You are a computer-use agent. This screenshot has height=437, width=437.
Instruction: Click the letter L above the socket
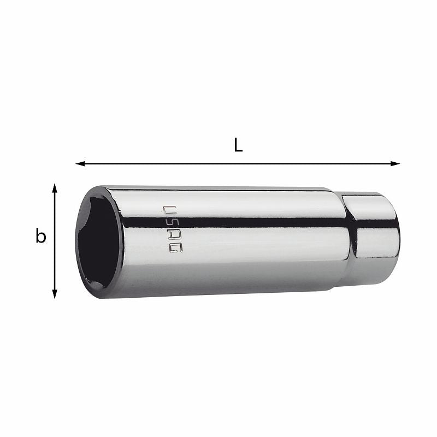coord(238,145)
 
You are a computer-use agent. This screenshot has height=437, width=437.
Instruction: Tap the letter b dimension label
coord(40,236)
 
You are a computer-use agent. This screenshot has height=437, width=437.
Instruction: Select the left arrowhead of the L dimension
coord(80,163)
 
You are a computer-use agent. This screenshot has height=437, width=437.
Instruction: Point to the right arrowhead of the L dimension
coord(395,163)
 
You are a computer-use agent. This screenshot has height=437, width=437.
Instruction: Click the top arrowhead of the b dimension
coord(55,188)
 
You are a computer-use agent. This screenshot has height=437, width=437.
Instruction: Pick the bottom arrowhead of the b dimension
coord(55,294)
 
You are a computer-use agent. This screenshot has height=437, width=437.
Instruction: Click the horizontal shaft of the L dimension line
coord(238,163)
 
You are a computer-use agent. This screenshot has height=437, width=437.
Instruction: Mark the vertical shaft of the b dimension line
coord(55,241)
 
